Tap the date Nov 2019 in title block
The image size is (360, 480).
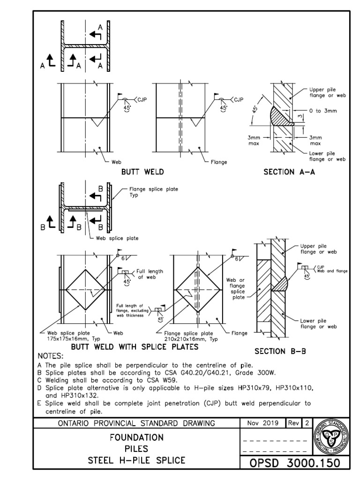click(x=262, y=423)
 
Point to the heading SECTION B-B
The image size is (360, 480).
click(x=280, y=351)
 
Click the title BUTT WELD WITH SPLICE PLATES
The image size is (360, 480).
click(x=135, y=347)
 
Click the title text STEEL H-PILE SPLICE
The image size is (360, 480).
click(x=136, y=460)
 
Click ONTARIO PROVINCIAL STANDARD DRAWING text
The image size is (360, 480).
click(x=136, y=423)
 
